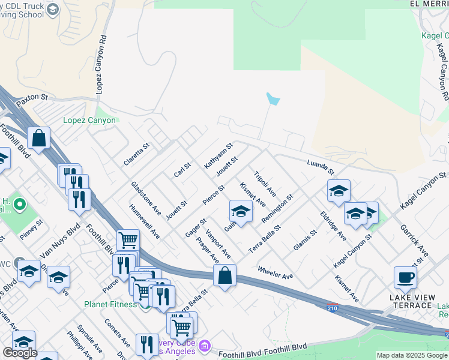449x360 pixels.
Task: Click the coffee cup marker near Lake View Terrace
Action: (x=405, y=278)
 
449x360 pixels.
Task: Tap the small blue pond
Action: (x=273, y=99)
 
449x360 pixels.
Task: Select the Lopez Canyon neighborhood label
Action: (x=89, y=120)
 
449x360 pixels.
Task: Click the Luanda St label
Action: (x=320, y=167)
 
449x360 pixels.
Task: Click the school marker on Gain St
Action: (x=241, y=212)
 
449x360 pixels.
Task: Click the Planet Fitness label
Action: (x=112, y=304)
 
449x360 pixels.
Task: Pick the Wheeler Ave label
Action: (x=276, y=273)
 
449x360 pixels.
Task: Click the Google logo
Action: (x=20, y=353)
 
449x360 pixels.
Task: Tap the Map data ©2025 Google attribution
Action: (x=412, y=355)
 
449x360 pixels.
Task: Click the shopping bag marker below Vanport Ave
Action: (x=224, y=276)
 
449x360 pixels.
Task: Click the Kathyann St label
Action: (x=218, y=155)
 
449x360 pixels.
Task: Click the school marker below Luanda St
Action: (x=339, y=191)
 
